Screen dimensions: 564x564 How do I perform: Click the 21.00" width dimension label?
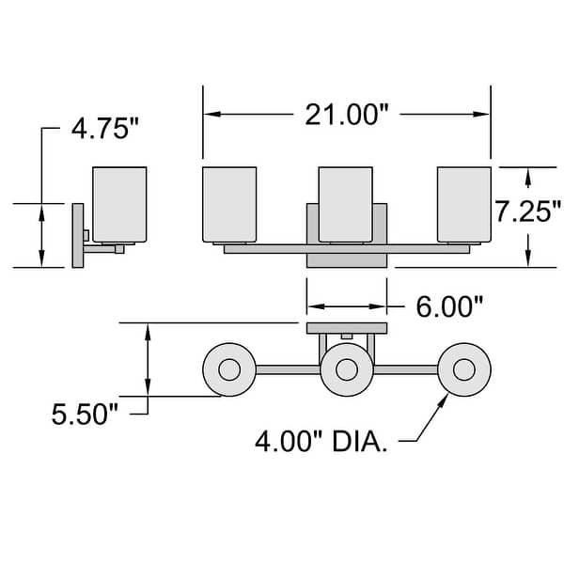[x=347, y=115]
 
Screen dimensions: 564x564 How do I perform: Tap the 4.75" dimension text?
[x=105, y=129]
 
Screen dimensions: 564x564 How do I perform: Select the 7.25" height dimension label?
[x=528, y=211]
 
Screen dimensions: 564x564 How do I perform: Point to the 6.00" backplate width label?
[x=449, y=306]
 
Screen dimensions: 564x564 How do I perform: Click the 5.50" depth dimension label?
[x=85, y=415]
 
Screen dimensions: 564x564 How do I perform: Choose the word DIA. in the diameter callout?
[x=360, y=442]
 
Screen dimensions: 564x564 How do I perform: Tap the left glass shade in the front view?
[x=229, y=204]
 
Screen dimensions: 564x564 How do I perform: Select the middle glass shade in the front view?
[x=346, y=204]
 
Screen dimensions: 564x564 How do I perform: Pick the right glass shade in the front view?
[x=464, y=204]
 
